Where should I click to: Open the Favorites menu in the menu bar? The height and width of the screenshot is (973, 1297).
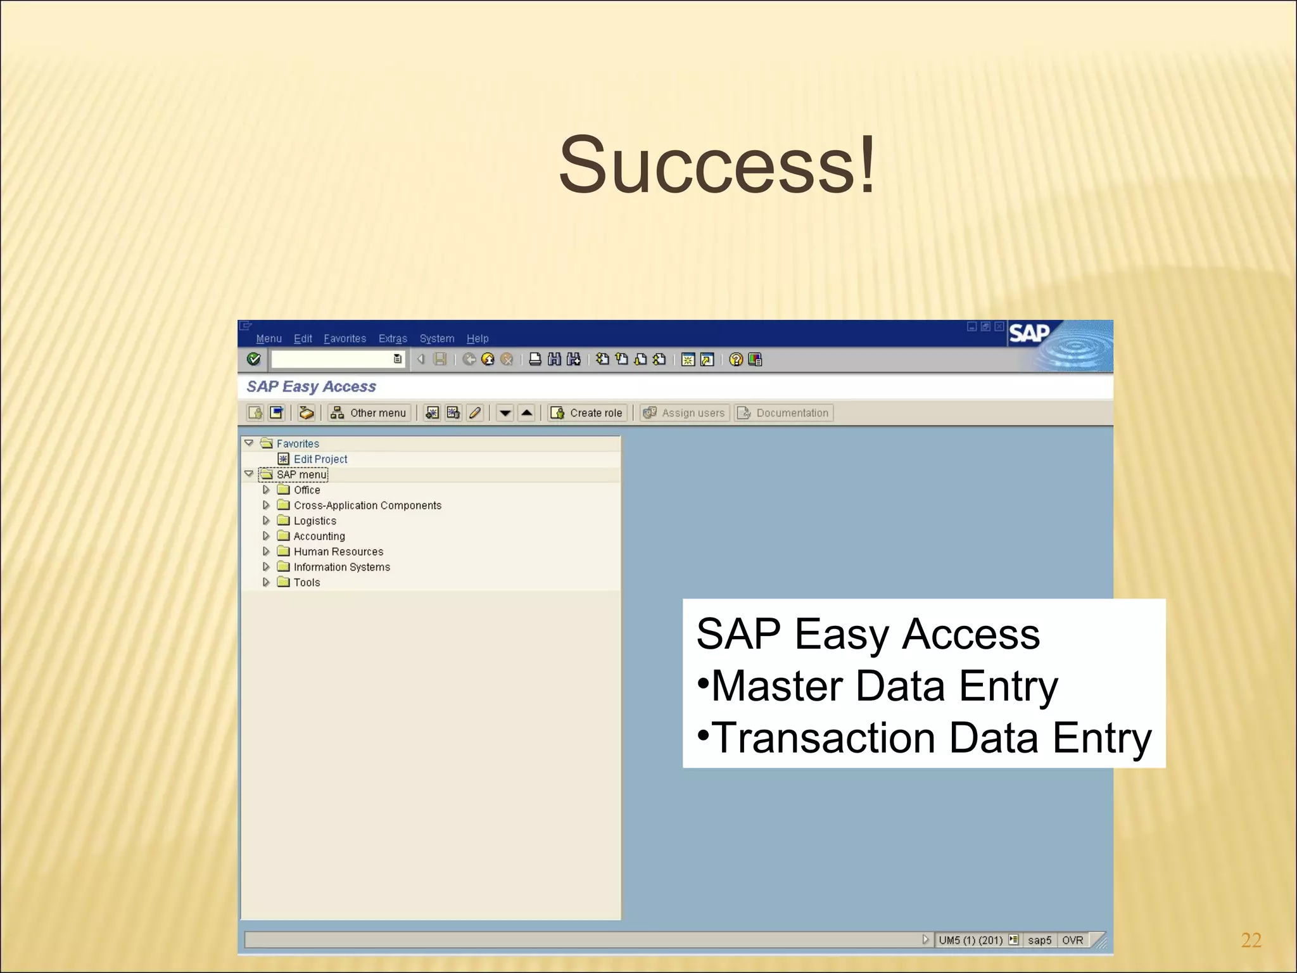pyautogui.click(x=345, y=338)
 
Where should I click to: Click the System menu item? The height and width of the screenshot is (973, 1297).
pyautogui.click(x=436, y=338)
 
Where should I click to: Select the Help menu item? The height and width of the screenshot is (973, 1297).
pyautogui.click(x=478, y=338)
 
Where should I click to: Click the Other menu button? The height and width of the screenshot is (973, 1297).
pyautogui.click(x=369, y=413)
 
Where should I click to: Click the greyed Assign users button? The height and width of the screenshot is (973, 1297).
pyautogui.click(x=685, y=413)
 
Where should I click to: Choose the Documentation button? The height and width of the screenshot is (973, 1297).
pyautogui.click(x=784, y=413)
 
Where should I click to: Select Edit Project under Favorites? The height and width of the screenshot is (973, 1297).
pyautogui.click(x=320, y=459)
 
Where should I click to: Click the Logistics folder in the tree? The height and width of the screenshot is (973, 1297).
pyautogui.click(x=315, y=521)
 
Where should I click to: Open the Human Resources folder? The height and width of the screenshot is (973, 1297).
pyautogui.click(x=338, y=551)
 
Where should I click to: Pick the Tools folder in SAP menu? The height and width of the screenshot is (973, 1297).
pyautogui.click(x=307, y=582)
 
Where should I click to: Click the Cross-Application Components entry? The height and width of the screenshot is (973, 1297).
pyautogui.click(x=367, y=505)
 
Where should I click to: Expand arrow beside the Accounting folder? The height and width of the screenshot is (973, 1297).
pyautogui.click(x=266, y=536)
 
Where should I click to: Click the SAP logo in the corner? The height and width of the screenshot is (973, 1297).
pyautogui.click(x=1029, y=333)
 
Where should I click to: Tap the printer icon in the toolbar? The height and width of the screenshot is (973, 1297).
pyautogui.click(x=535, y=359)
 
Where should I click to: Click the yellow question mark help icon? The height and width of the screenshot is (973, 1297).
pyautogui.click(x=736, y=359)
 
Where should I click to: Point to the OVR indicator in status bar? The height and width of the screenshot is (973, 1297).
pyautogui.click(x=1072, y=940)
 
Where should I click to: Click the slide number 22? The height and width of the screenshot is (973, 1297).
pyautogui.click(x=1251, y=940)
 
